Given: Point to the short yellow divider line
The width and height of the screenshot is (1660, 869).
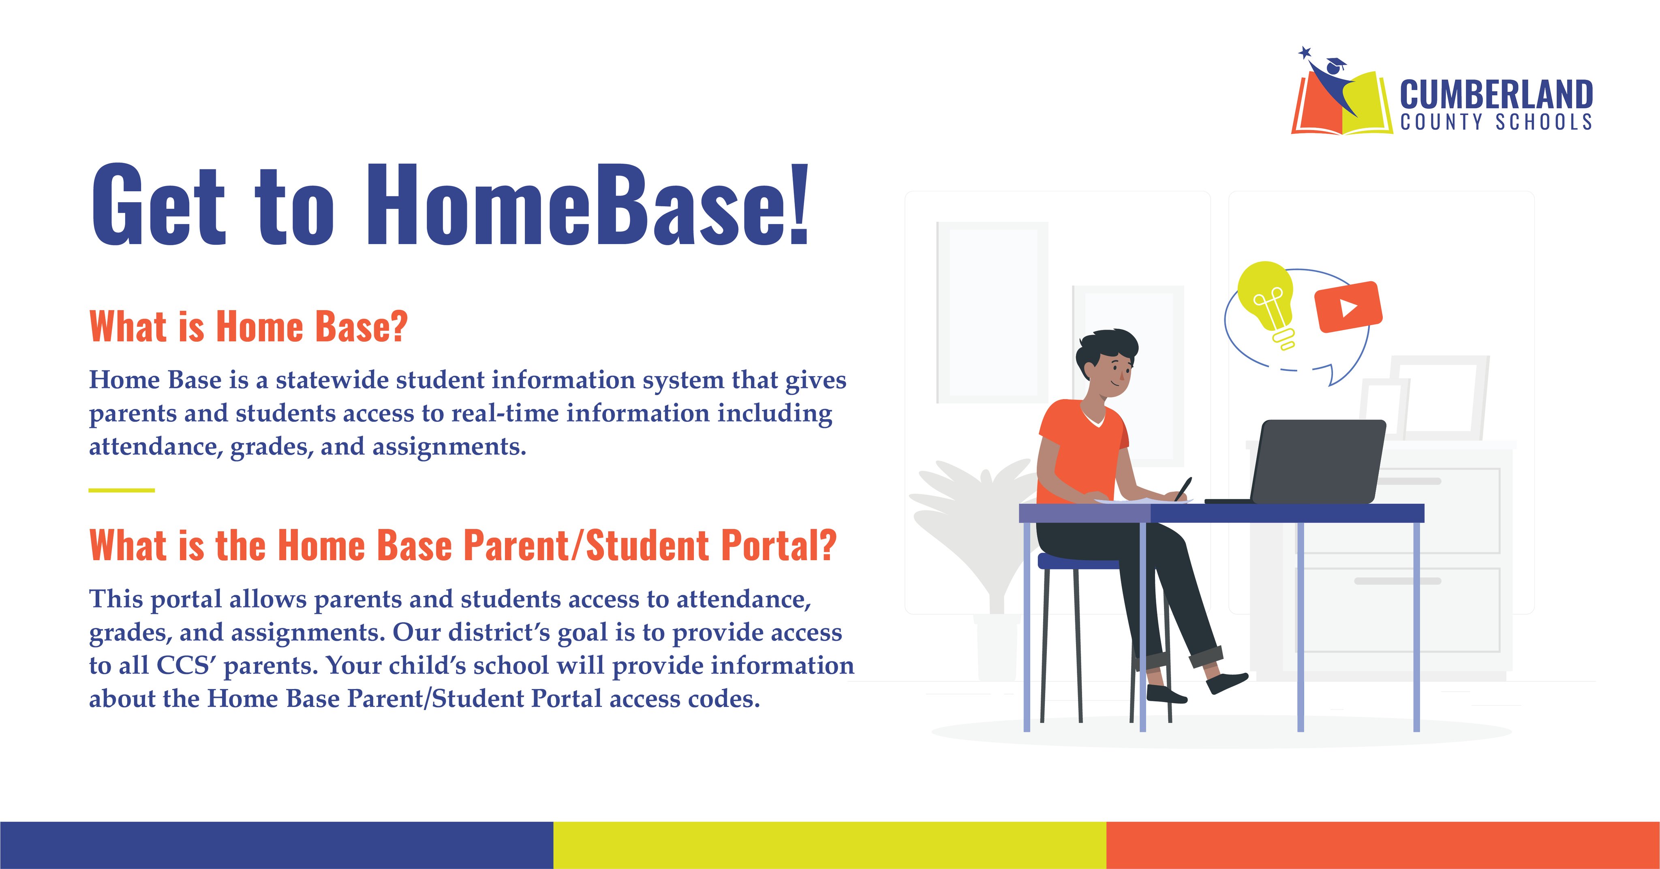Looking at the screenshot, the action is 122,490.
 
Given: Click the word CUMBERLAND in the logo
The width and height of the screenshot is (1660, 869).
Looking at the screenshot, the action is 1496,95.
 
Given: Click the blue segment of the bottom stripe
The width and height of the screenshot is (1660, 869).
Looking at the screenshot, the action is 276,845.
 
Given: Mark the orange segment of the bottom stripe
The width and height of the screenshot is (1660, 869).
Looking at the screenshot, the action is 1383,845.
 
